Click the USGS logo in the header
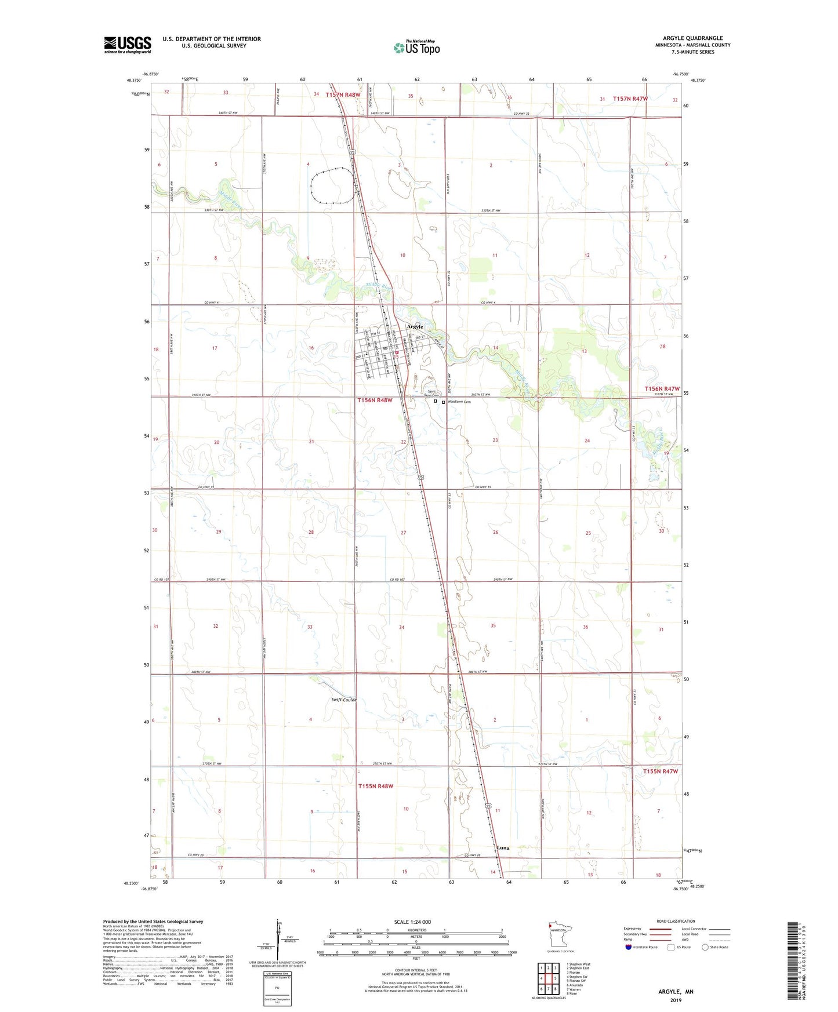[128, 45]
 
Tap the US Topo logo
[416, 48]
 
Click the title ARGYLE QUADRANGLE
[692, 38]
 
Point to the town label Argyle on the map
[415, 327]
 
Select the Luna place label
[503, 848]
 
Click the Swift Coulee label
[343, 700]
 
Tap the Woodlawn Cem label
[459, 402]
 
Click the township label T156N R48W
[375, 400]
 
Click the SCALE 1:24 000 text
[413, 922]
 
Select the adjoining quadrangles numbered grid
[548, 978]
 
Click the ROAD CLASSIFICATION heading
[676, 921]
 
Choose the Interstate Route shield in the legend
[629, 948]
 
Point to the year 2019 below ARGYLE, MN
[676, 1000]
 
